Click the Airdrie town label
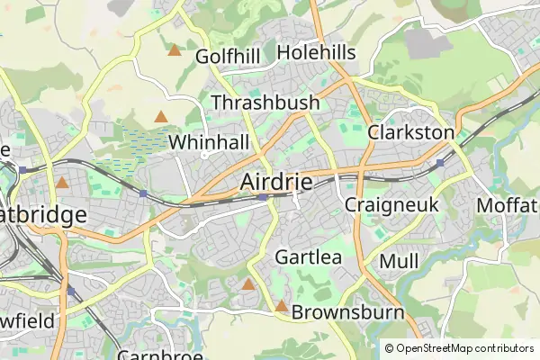point(276,182)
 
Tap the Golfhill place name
point(228,57)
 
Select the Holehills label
point(316,52)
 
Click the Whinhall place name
point(209,142)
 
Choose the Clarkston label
point(410,132)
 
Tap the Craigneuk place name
point(391,204)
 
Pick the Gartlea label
point(309,256)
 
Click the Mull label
point(399,261)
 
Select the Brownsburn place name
point(345,312)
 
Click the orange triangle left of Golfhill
point(174,50)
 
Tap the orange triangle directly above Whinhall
point(160,116)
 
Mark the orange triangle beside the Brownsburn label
point(281,307)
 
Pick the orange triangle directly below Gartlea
point(248,284)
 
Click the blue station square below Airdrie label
point(261,197)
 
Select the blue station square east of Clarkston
point(440,163)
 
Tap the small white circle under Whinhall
point(205,155)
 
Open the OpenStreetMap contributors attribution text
point(464,348)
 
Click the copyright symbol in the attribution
point(389,348)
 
